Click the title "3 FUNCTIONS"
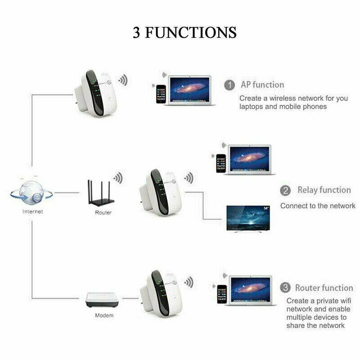pos(184,33)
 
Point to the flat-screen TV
pos(248,219)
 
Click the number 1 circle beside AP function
pos(229,85)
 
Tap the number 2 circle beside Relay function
pos(285,190)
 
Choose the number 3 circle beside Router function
pos(285,288)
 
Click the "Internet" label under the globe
pos(32,211)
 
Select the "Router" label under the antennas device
pos(103,212)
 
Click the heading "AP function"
pos(262,85)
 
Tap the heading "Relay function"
pos(324,190)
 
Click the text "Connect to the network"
pos(318,206)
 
